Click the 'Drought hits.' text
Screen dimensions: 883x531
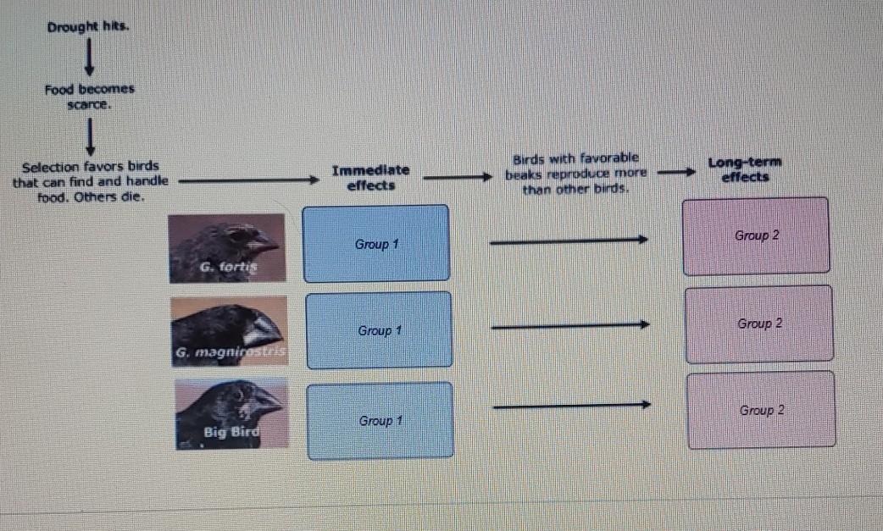pos(88,27)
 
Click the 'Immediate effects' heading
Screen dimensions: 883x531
pos(370,178)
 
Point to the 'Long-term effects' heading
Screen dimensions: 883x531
pos(745,169)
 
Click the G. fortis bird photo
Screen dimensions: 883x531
pos(226,246)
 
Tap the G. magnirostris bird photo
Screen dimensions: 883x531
pos(229,331)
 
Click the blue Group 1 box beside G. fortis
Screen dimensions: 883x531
pos(376,244)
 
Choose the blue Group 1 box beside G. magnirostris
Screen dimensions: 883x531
pos(379,330)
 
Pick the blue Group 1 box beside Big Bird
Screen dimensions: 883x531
pos(380,421)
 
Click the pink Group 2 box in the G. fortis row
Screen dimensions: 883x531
pos(756,235)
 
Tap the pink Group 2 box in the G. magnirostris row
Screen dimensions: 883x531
pos(759,324)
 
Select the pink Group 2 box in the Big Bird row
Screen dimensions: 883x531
pos(761,410)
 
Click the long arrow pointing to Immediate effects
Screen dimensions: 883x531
pos(246,180)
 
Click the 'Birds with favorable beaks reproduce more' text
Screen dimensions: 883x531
pos(575,173)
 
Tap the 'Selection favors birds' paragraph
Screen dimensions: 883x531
pos(91,181)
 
